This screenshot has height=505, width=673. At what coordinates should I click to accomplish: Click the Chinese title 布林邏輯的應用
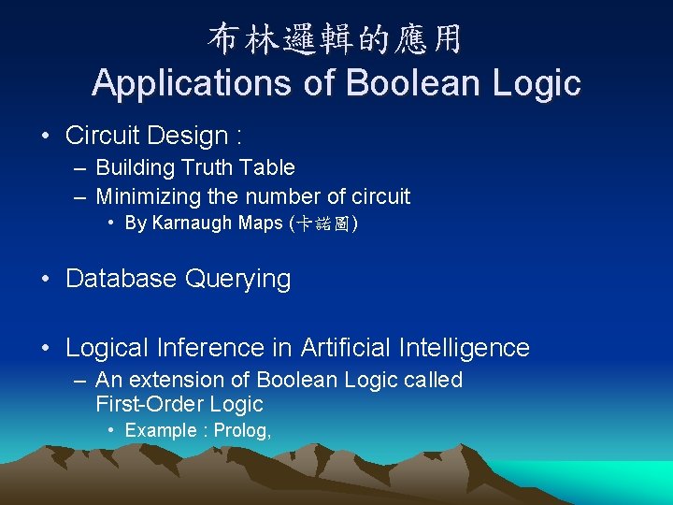coord(335,38)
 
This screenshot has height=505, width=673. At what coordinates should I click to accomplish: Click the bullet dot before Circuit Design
coord(46,136)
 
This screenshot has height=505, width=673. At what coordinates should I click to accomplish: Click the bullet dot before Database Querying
coord(46,279)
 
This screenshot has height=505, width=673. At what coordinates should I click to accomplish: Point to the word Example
coord(159,430)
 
